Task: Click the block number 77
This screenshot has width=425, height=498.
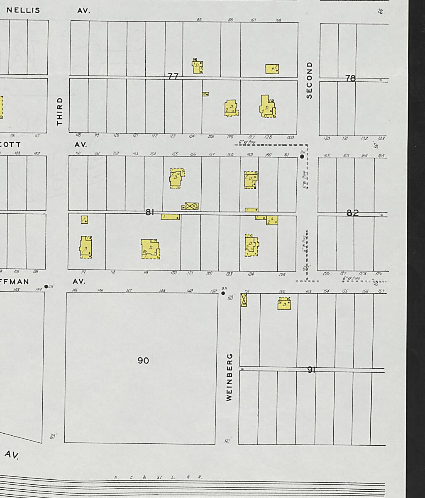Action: point(173,76)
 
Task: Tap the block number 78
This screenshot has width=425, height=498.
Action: point(351,78)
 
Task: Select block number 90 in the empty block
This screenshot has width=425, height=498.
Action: point(143,361)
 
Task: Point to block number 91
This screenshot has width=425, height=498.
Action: point(311,369)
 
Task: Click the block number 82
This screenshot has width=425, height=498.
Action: point(352,213)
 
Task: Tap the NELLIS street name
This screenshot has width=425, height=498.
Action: point(23,10)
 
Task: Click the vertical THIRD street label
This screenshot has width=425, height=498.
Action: point(60,111)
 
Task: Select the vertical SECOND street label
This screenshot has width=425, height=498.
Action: point(309,81)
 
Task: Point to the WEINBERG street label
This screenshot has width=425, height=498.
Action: point(229,377)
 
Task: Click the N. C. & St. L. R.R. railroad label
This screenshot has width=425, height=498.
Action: point(158,477)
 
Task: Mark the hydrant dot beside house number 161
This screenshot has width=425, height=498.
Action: point(302,156)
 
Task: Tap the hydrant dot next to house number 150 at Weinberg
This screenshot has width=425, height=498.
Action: point(223,293)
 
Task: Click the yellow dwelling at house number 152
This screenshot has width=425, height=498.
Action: point(284,304)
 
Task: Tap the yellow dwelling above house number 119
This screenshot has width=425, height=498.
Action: point(150,249)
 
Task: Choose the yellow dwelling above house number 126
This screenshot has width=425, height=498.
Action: point(231,108)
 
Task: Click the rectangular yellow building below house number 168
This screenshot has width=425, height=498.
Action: point(272,69)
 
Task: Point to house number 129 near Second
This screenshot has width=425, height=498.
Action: point(290,137)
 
